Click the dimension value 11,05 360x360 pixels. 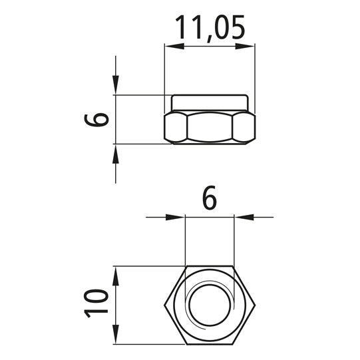pyautogui.click(x=210, y=27)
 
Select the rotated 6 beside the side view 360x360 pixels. pyautogui.click(x=97, y=119)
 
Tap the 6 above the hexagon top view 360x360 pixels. pyautogui.click(x=209, y=198)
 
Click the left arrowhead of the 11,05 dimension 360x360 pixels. pyautogui.click(x=172, y=46)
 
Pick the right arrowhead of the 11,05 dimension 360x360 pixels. pyautogui.click(x=248, y=46)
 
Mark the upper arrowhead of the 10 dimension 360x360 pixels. pyautogui.click(x=116, y=273)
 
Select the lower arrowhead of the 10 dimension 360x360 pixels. pyautogui.click(x=116, y=337)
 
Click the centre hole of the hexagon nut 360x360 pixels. pyautogui.click(x=210, y=305)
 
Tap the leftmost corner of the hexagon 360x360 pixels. pyautogui.click(x=164, y=305)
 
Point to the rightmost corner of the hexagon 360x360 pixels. pyautogui.click(x=255, y=305)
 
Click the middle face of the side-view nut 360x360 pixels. pyautogui.click(x=210, y=126)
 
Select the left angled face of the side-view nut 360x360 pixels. pyautogui.click(x=176, y=126)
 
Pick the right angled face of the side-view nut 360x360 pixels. pyautogui.click(x=244, y=126)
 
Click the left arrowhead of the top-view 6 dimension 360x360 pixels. pyautogui.click(x=177, y=216)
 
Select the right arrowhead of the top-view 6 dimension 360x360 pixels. pyautogui.click(x=242, y=216)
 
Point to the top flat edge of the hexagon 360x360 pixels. pyautogui.click(x=210, y=267)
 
